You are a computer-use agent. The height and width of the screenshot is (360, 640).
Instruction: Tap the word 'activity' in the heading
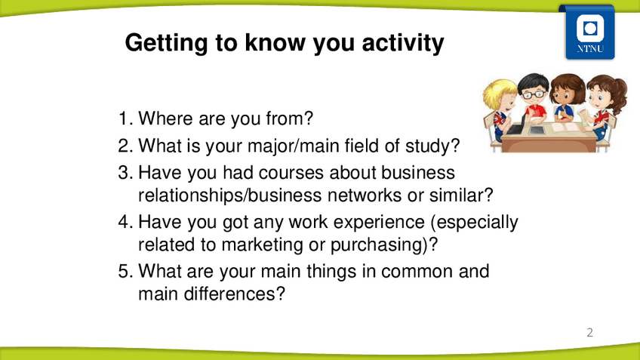(403, 43)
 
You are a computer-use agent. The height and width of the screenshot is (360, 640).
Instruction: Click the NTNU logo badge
(589, 32)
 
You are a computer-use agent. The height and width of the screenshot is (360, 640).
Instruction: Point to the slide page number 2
(589, 333)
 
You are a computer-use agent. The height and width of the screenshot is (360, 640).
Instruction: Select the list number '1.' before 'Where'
(125, 118)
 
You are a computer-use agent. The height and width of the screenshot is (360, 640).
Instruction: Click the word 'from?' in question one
(289, 118)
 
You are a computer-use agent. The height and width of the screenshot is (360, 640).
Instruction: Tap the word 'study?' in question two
(432, 146)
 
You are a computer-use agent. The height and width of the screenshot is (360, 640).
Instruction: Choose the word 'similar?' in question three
(461, 195)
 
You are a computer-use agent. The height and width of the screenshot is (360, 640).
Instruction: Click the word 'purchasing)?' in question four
(384, 245)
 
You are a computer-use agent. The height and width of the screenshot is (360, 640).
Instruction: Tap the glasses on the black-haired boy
(534, 94)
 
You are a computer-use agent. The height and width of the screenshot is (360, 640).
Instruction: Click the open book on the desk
(566, 128)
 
